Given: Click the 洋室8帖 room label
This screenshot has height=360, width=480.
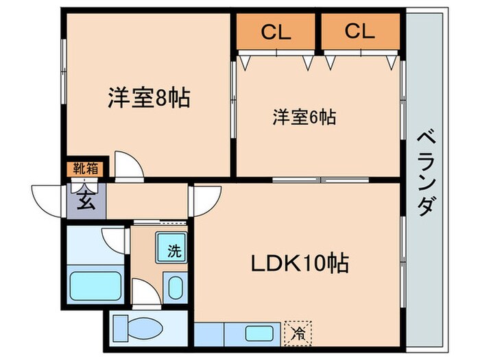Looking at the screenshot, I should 148,98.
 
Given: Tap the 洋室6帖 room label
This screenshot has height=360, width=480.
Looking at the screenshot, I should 303,118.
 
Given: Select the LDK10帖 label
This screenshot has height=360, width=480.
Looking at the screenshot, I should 300,262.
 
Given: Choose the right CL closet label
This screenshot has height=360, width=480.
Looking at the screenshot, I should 360,31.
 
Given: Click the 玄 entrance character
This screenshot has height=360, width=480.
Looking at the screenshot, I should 86,202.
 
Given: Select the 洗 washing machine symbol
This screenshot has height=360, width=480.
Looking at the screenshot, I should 174,250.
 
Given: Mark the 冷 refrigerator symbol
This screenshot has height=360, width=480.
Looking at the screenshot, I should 298,335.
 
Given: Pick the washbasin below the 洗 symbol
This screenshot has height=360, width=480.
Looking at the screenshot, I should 174,286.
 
